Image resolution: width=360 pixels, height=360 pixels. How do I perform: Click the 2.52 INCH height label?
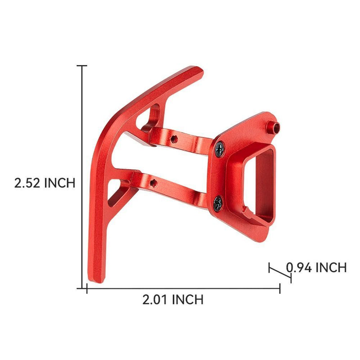click(x=45, y=183)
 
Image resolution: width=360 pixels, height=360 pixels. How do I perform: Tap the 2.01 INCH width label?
click(x=173, y=300)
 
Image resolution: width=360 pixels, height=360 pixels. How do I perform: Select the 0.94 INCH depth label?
click(x=316, y=267)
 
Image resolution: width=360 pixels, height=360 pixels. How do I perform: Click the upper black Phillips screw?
click(x=220, y=149)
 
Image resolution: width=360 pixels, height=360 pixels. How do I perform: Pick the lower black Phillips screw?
click(x=218, y=203)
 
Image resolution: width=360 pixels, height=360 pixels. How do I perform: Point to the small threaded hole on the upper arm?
click(x=174, y=139)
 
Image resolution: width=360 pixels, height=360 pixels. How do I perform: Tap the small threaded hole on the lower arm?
click(x=153, y=183)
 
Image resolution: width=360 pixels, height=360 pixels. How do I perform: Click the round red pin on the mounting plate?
click(x=274, y=127)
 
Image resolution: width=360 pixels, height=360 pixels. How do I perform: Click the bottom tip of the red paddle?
click(x=96, y=281)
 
